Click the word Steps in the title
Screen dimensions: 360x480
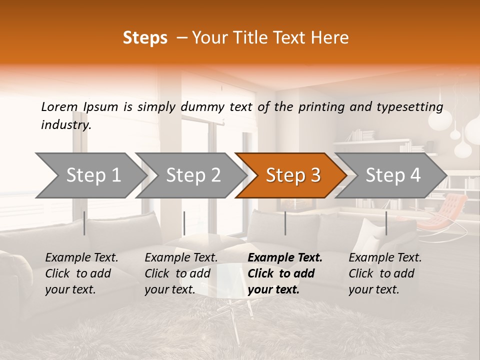[145, 38]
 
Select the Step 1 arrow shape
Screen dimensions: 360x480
[90, 175]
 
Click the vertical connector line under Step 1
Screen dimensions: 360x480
[84, 223]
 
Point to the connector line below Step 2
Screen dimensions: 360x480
[184, 223]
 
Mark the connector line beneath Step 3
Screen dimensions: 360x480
[285, 223]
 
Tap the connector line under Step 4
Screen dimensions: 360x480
[386, 223]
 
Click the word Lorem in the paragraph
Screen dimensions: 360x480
[59, 106]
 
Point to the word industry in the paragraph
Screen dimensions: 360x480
[66, 125]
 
